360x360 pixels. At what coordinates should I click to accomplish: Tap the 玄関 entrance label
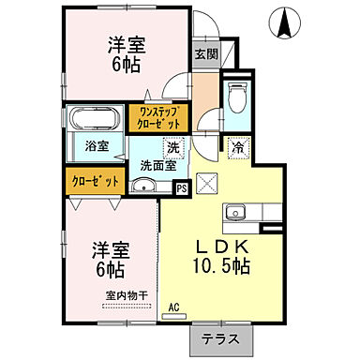pyautogui.click(x=205, y=54)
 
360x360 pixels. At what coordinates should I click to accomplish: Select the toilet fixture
pyautogui.click(x=237, y=98)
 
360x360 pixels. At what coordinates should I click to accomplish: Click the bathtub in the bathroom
pyautogui.click(x=93, y=121)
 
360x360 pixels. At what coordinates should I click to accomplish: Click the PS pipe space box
pyautogui.click(x=182, y=187)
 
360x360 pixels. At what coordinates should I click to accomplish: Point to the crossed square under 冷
pyautogui.click(x=206, y=182)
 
